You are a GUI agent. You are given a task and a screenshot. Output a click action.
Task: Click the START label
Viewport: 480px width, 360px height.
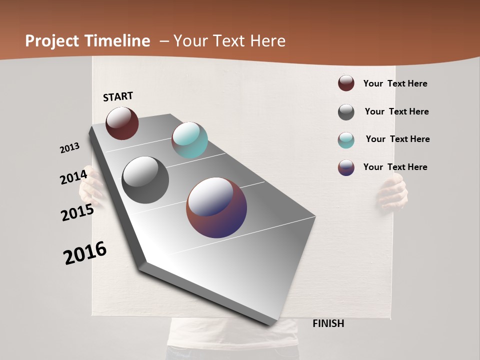click(118, 96)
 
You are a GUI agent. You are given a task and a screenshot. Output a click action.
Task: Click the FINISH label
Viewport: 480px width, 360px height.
click(328, 323)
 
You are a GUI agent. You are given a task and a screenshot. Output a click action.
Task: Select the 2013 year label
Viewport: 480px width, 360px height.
click(69, 148)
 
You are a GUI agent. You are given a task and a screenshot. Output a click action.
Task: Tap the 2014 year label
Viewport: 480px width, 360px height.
click(73, 177)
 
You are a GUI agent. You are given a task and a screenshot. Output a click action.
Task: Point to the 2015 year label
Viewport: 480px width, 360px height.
click(77, 212)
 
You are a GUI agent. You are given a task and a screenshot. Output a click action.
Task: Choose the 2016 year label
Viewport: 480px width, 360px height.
click(85, 253)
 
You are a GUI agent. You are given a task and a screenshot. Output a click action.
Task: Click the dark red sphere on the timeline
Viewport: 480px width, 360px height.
click(122, 123)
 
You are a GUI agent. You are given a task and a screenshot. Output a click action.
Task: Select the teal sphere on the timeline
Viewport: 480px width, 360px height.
click(189, 140)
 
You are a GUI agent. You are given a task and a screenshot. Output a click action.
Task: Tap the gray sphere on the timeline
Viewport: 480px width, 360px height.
click(145, 180)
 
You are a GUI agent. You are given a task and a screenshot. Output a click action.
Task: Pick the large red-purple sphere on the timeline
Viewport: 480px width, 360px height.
click(216, 207)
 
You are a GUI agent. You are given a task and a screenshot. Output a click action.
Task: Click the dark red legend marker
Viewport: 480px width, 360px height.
click(346, 83)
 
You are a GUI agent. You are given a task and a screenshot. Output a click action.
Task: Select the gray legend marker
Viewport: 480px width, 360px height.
click(346, 112)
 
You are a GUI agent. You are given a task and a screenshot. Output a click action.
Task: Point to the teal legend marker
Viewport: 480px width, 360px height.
click(346, 140)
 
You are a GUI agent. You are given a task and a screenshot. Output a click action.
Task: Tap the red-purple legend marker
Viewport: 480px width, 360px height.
click(346, 167)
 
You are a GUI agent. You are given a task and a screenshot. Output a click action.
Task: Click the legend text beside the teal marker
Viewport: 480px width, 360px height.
click(397, 139)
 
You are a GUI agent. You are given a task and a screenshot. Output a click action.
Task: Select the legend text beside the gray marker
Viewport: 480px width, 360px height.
click(396, 111)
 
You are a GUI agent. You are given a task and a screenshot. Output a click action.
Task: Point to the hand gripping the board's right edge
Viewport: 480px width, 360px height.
click(393, 193)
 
